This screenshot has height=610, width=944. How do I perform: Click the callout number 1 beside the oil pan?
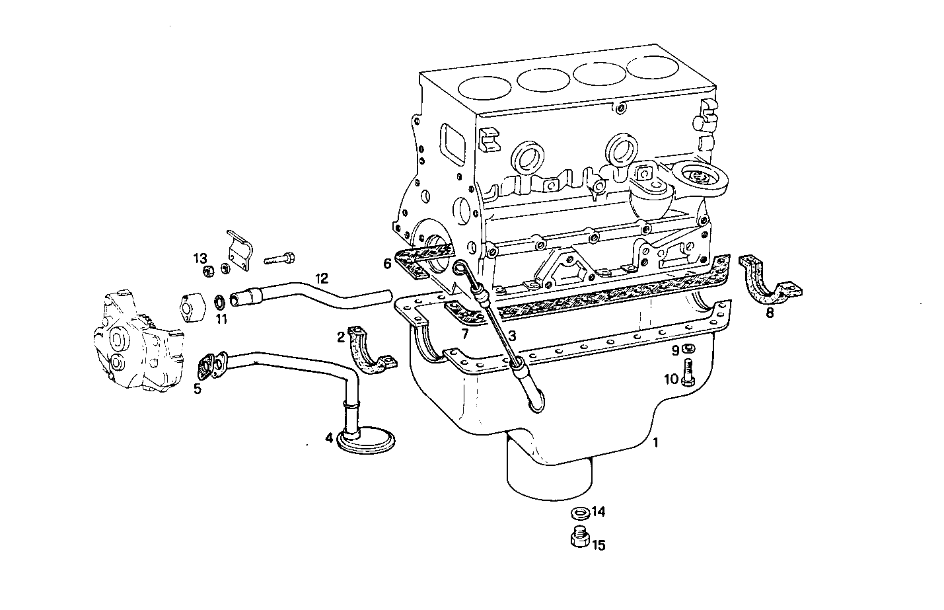point(655,443)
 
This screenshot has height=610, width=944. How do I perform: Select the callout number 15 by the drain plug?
point(599,545)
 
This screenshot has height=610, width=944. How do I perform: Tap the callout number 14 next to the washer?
point(599,512)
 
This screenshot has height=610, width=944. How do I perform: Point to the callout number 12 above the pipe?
point(321,278)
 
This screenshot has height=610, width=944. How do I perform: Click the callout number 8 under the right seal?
point(770,313)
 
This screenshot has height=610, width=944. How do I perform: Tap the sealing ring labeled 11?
point(217,303)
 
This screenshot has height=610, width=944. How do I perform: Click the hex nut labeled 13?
point(206,270)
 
